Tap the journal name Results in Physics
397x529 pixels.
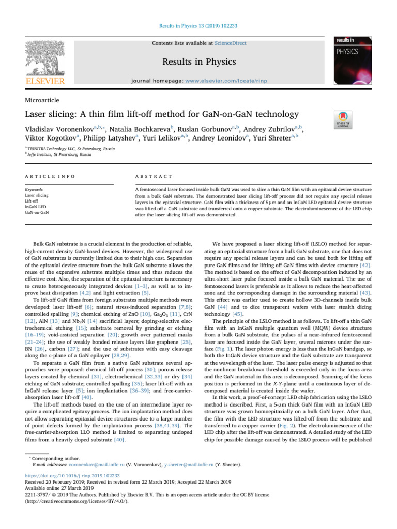tap(198, 62)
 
